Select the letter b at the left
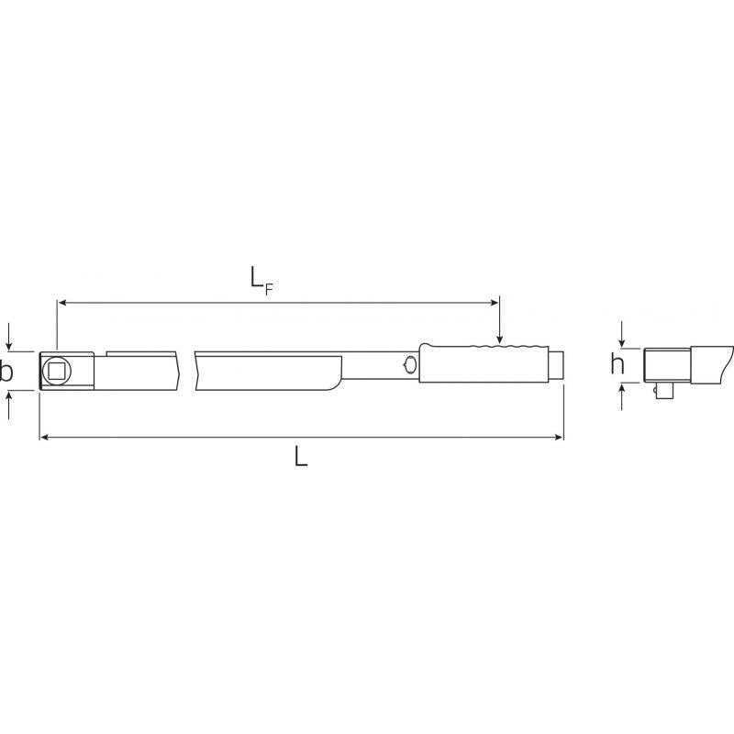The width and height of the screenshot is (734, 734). point(6,372)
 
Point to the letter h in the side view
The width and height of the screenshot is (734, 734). point(618,365)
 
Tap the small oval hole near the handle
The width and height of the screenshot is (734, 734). point(409,367)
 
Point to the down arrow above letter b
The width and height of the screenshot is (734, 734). point(9,339)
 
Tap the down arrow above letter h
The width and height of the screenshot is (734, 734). point(623,335)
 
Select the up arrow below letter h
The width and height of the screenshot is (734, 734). point(623,396)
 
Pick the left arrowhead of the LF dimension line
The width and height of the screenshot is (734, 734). point(62,301)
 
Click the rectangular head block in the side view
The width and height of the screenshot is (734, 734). point(667,365)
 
